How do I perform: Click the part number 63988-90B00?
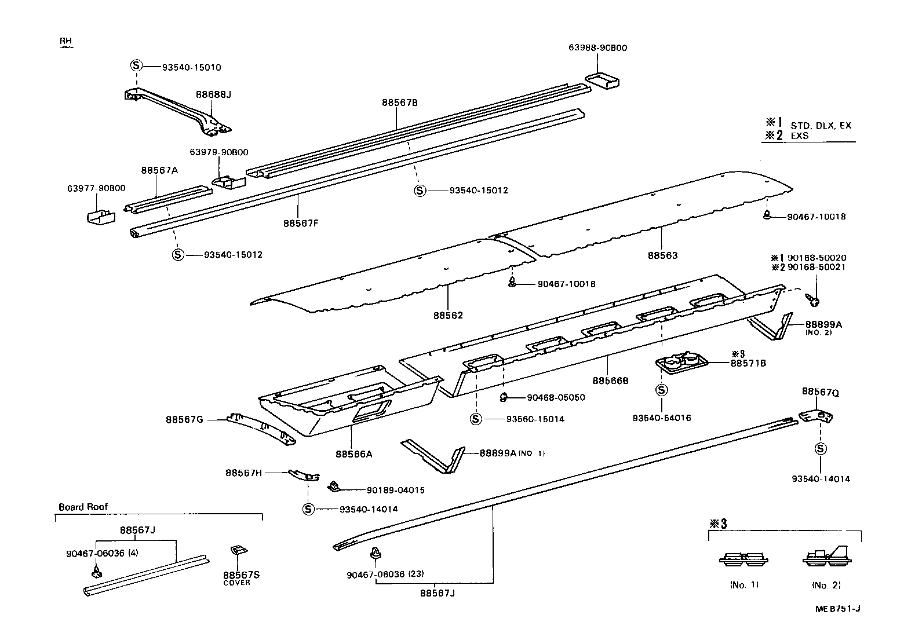(597, 48)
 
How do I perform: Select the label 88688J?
(213, 94)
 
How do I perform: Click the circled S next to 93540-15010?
(136, 66)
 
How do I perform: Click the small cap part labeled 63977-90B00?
(100, 217)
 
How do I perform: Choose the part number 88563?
(662, 255)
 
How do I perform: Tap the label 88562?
(448, 316)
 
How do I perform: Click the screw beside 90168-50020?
(814, 299)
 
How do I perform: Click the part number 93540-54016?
(662, 418)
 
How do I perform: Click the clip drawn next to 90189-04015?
(334, 485)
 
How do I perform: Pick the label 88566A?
(353, 454)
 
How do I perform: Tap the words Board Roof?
(83, 507)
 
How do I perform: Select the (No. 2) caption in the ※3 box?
(826, 585)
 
